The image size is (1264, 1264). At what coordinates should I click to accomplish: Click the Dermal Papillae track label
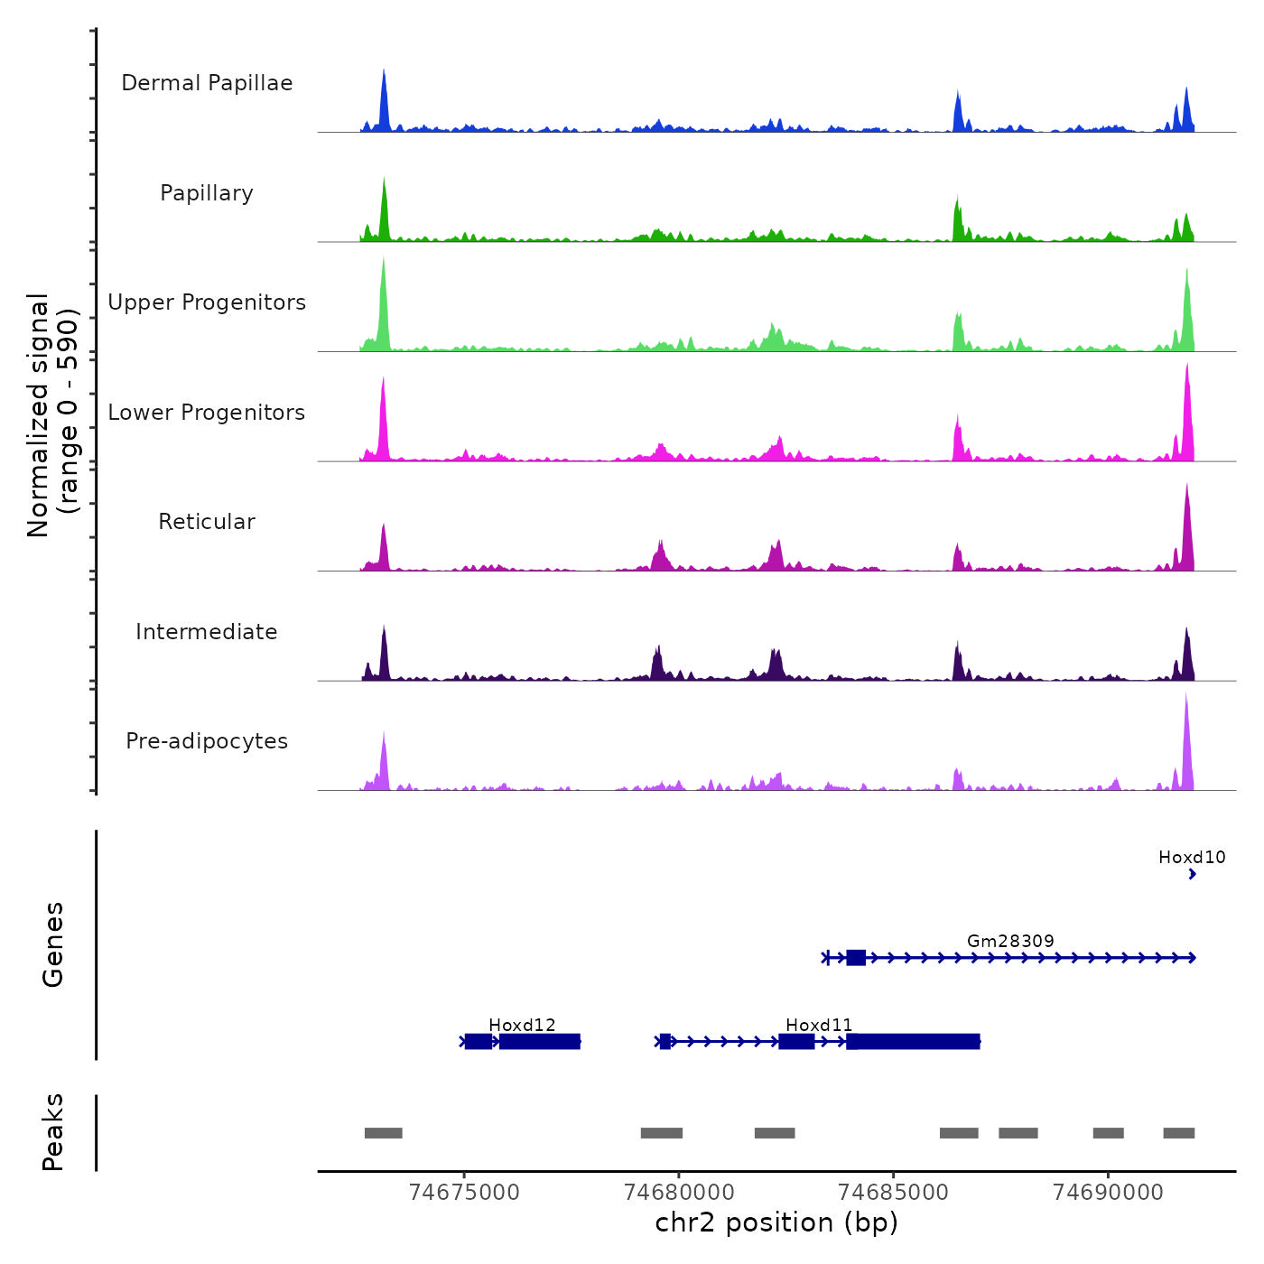pos(207,83)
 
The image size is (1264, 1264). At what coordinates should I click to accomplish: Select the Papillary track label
pos(207,193)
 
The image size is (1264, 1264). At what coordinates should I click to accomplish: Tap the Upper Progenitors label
pos(207,302)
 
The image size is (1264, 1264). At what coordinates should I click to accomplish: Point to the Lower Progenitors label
pos(207,413)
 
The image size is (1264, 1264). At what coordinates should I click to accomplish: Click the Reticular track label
pos(207,522)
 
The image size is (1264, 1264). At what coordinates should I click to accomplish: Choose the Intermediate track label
pos(207,632)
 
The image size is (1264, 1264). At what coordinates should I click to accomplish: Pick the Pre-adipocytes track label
pos(207,741)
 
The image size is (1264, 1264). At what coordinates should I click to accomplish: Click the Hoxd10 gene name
pos(1192,857)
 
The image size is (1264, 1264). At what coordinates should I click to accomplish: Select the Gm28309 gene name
pos(1010,941)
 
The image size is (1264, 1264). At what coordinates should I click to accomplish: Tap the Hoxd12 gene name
pos(522,1025)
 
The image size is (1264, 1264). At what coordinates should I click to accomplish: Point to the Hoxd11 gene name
pos(819,1025)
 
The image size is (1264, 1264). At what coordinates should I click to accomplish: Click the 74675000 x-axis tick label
pos(464,1192)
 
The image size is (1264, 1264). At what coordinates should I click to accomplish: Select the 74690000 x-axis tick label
pos(1108,1192)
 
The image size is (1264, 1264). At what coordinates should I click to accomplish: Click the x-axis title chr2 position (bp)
pos(776,1222)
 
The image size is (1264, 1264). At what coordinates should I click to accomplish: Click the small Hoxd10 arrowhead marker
pos(1193,874)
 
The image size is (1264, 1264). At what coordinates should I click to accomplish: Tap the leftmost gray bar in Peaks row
pos(383,1133)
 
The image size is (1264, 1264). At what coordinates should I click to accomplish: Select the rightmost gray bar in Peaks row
pos(1178,1133)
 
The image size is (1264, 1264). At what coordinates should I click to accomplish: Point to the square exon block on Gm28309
pos(856,958)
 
